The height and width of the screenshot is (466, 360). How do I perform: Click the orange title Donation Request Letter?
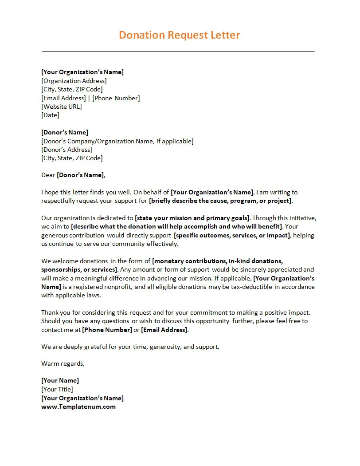(179, 35)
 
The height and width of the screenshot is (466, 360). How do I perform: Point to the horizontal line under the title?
(178, 52)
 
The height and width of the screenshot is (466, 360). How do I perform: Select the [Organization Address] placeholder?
(74, 81)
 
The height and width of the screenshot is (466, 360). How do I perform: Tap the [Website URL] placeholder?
(62, 107)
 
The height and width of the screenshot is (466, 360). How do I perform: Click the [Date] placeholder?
(50, 115)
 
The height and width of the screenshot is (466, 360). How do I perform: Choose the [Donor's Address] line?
(67, 150)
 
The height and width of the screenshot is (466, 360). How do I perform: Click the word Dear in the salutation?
(48, 175)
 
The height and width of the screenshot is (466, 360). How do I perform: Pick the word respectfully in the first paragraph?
(58, 201)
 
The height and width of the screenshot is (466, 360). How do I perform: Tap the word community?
(129, 244)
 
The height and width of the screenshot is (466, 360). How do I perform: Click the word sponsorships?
(62, 269)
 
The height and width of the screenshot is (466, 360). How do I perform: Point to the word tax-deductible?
(251, 287)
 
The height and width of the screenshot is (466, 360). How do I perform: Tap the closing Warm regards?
(63, 363)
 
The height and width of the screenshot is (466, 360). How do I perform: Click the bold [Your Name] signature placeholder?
(60, 380)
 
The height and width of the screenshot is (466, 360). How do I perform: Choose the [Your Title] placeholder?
(57, 389)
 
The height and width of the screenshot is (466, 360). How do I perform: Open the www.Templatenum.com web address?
(78, 407)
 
